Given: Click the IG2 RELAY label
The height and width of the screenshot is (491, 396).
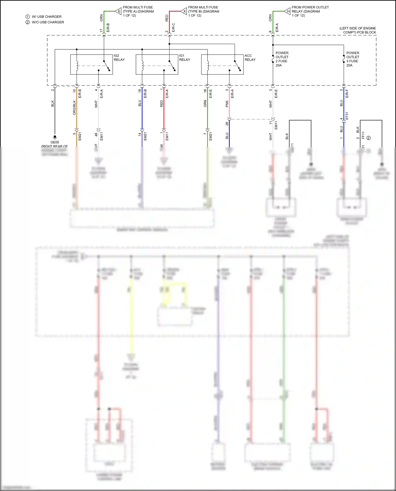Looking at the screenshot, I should tap(119, 58).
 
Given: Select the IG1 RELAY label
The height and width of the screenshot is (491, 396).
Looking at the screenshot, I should tap(185, 58).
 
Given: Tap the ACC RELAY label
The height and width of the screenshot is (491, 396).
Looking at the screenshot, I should tap(250, 58).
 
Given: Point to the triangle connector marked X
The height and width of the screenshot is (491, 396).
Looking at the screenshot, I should tap(184, 11).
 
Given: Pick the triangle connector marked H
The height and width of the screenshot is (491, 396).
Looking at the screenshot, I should tap(288, 11).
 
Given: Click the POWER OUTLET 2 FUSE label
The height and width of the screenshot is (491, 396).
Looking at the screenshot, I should tap(282, 59).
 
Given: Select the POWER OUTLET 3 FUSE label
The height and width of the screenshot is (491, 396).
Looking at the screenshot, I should tap(353, 59).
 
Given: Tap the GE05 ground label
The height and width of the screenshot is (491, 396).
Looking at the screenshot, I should tap(55, 142).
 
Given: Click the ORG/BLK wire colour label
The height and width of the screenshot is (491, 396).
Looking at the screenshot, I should tap(74, 107).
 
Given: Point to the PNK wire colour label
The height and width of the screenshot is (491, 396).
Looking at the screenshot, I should tap(227, 104).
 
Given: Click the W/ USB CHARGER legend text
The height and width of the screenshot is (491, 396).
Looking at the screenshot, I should tap(46, 17).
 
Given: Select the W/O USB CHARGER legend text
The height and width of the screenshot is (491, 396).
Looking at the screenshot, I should tap(48, 22).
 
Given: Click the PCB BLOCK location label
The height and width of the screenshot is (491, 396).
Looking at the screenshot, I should tap(358, 30).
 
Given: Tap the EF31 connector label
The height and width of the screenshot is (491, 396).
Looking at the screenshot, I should tap(347, 116).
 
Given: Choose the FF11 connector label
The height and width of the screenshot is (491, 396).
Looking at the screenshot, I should tap(363, 135).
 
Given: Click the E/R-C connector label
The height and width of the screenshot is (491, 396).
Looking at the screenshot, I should tap(173, 28).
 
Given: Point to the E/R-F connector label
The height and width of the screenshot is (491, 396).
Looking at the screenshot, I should tap(347, 94).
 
